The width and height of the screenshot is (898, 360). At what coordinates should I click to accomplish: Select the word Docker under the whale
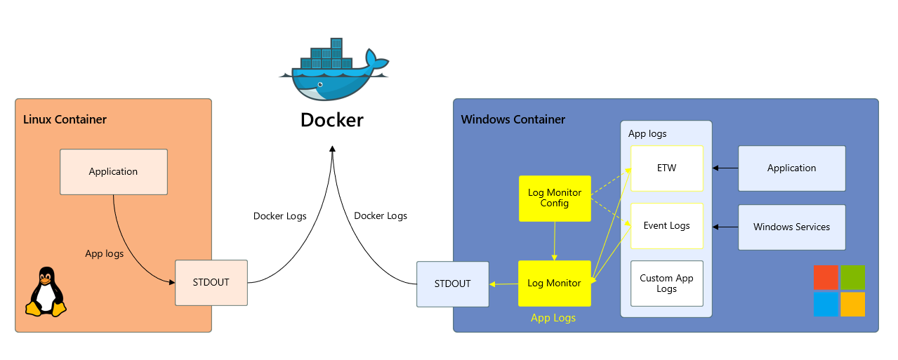tap(332, 120)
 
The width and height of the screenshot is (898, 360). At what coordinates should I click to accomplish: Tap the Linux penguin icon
tap(46, 292)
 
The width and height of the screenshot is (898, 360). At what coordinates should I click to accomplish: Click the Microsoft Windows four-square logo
tap(839, 291)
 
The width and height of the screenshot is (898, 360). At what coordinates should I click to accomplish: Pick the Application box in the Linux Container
tap(114, 172)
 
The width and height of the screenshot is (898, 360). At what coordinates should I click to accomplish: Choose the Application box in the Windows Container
tap(791, 168)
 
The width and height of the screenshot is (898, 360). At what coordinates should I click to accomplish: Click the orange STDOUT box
tap(211, 283)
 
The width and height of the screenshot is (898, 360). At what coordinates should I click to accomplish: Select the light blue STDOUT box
tap(452, 284)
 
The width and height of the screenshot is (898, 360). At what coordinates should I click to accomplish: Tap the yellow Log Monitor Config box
tap(555, 199)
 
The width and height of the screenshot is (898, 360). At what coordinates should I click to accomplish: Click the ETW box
tap(666, 168)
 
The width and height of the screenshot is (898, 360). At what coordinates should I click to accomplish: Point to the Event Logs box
tap(666, 226)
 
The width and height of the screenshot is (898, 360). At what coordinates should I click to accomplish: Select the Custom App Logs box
tap(666, 284)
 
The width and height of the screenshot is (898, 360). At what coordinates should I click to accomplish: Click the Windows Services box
tap(791, 227)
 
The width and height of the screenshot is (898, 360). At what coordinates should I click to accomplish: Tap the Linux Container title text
tap(65, 119)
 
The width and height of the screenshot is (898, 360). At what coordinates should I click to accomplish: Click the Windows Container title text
tap(513, 119)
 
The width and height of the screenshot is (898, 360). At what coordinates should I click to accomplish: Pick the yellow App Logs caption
tap(553, 318)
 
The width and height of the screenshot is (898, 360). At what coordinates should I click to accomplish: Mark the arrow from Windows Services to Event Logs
tap(725, 227)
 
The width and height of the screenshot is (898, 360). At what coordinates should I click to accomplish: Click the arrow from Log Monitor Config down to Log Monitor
tap(555, 241)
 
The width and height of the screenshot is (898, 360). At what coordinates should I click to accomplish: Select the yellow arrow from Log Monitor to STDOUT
tap(503, 284)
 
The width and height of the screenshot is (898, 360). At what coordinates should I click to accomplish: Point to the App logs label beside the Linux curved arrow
tap(104, 253)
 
